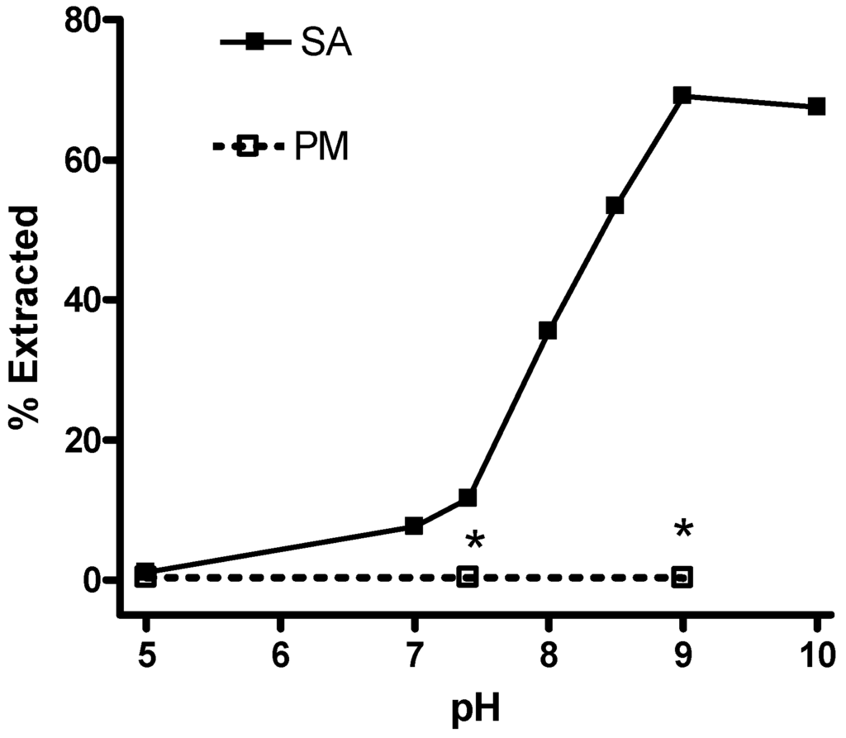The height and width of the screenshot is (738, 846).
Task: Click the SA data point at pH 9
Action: (682, 95)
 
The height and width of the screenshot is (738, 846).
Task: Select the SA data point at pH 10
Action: (816, 107)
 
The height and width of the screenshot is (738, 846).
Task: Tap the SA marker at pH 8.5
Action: (615, 205)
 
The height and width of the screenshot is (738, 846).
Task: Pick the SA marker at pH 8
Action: (548, 331)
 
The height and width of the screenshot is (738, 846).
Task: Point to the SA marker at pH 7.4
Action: (468, 498)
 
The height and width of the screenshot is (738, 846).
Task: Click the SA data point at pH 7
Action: (414, 526)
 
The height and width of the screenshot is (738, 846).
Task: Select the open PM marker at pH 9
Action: (682, 577)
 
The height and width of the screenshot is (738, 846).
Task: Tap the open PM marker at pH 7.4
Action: (468, 577)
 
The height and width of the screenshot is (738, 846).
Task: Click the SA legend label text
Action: (326, 45)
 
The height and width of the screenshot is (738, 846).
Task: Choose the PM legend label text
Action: (321, 149)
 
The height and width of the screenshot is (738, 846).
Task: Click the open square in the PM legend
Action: (248, 148)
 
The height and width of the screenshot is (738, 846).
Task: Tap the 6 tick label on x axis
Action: (280, 650)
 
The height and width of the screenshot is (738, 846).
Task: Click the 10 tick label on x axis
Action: (815, 650)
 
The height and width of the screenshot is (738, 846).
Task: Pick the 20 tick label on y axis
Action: (88, 439)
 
